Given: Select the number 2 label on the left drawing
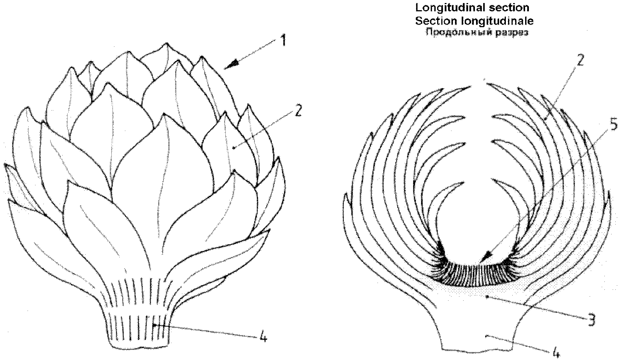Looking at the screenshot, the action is (298, 110).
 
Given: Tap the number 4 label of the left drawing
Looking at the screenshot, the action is (263, 337).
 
